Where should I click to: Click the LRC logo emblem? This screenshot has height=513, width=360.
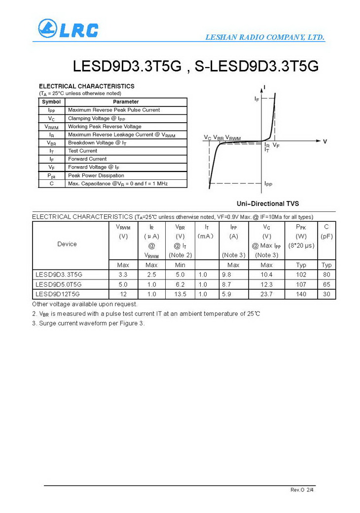pyautogui.click(x=48, y=29)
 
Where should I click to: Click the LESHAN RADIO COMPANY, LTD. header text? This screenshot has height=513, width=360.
pyautogui.click(x=265, y=37)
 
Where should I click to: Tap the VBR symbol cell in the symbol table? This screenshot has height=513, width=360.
pyautogui.click(x=51, y=143)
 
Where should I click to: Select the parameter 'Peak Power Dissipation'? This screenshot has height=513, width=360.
pyautogui.click(x=96, y=175)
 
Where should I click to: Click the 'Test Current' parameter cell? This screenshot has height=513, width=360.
pyautogui.click(x=83, y=151)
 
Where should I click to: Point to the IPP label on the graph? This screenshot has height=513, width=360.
pyautogui.click(x=268, y=184)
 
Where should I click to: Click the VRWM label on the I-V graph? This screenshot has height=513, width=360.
pyautogui.click(x=233, y=138)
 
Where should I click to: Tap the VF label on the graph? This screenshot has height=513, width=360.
pyautogui.click(x=276, y=146)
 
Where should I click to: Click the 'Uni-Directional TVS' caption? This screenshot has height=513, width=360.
pyautogui.click(x=268, y=204)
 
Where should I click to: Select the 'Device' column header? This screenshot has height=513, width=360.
pyautogui.click(x=67, y=244)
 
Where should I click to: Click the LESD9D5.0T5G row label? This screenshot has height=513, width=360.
pyautogui.click(x=59, y=285)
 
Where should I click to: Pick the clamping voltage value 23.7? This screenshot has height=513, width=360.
pyautogui.click(x=266, y=294)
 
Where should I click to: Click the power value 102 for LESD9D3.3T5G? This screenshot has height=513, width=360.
pyautogui.click(x=301, y=274)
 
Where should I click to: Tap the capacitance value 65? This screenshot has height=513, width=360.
pyautogui.click(x=326, y=285)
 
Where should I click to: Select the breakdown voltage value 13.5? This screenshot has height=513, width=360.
pyautogui.click(x=180, y=294)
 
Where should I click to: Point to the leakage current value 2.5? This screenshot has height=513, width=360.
pyautogui.click(x=151, y=274)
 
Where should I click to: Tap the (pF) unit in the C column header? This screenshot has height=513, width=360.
pyautogui.click(x=326, y=237)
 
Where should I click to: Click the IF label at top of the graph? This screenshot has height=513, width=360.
pyautogui.click(x=257, y=99)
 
